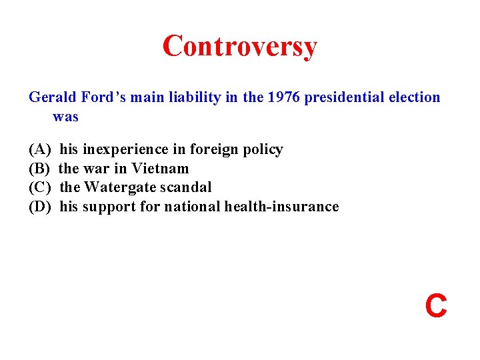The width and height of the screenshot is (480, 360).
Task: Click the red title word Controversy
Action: [239, 47]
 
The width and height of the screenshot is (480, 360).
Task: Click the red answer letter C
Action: [436, 306]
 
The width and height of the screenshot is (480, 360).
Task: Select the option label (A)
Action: [39, 149]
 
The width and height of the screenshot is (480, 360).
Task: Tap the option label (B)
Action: [39, 169]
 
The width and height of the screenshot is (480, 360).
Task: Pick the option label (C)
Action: [39, 187]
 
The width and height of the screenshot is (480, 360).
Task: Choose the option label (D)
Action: [39, 207]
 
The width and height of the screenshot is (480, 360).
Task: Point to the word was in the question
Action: [65, 117]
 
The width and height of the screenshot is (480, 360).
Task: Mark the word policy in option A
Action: [263, 149]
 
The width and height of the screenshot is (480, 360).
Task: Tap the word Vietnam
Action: [160, 169]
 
